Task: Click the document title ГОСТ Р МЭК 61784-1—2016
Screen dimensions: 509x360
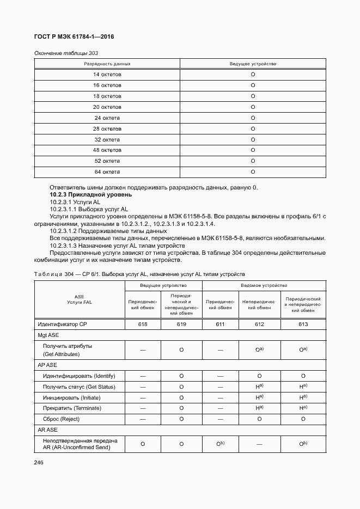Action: (74, 37)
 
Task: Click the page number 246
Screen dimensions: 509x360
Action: (39, 462)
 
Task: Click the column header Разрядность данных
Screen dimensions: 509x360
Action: (107, 64)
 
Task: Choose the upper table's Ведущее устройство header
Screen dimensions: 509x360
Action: (253, 64)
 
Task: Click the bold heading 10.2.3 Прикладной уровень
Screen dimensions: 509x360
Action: (90, 194)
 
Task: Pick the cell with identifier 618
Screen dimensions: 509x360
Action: (143, 324)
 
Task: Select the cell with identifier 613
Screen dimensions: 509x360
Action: (303, 324)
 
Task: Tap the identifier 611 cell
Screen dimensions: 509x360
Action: (221, 324)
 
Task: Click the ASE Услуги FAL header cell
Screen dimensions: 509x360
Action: (79, 299)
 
